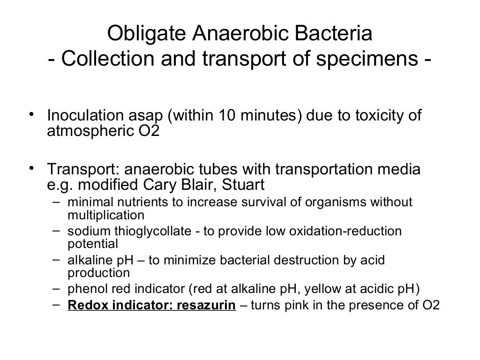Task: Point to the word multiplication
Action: tap(106, 215)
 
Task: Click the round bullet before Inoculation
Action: tap(31, 114)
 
